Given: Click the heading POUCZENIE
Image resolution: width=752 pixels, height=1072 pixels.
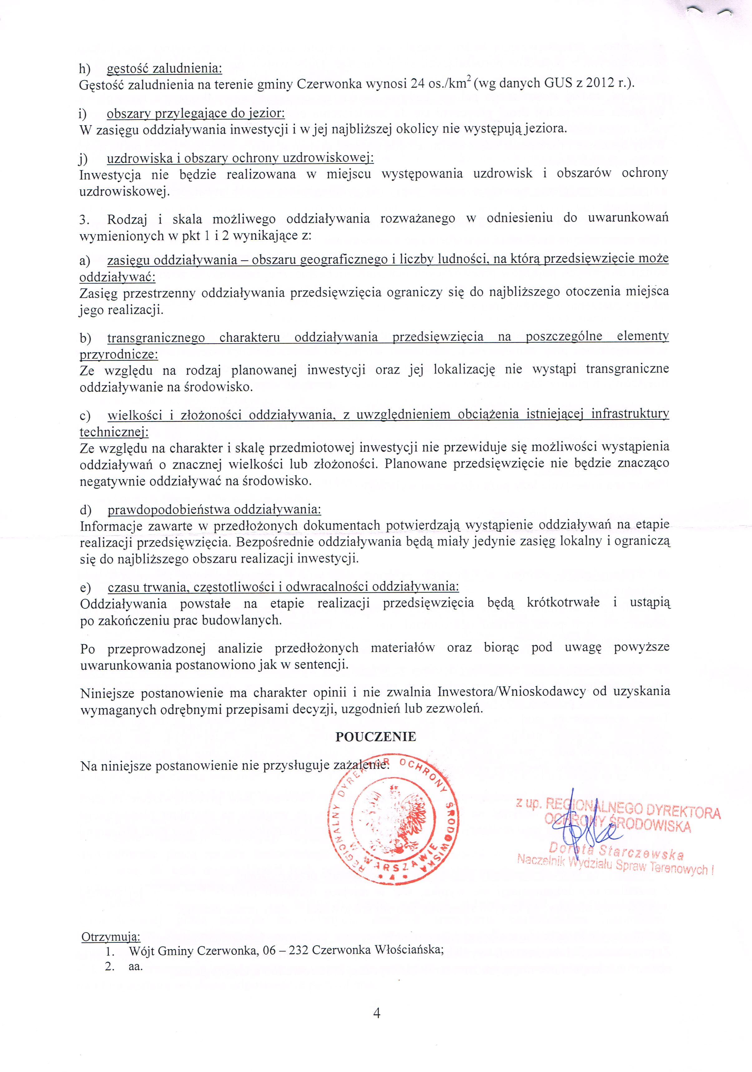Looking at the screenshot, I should click(x=376, y=737).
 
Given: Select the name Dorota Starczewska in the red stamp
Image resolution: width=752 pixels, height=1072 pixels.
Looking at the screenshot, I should click(x=616, y=853).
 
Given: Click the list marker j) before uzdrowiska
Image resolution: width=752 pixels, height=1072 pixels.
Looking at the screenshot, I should click(x=84, y=159).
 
